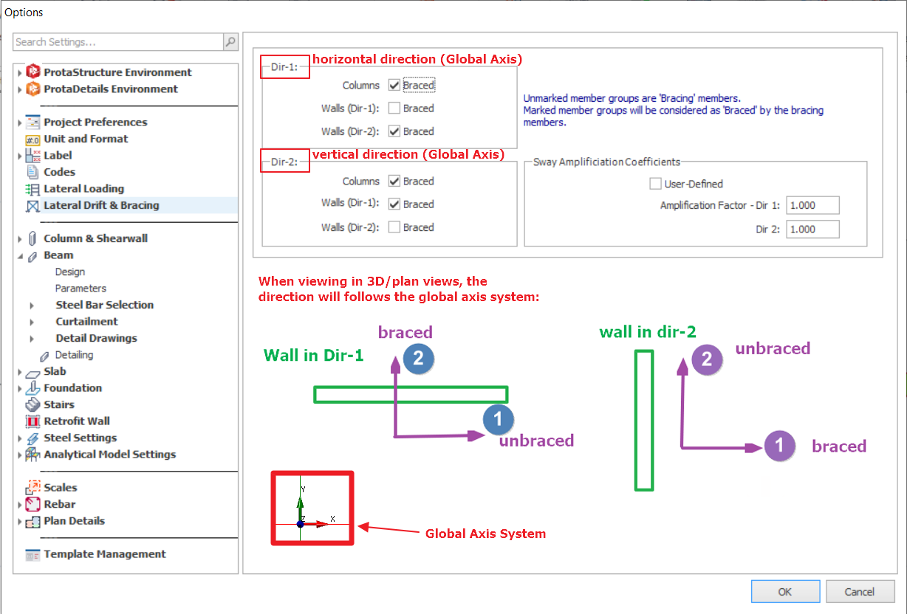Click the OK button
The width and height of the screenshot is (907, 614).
pyautogui.click(x=785, y=591)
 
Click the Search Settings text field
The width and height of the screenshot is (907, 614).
pyautogui.click(x=118, y=41)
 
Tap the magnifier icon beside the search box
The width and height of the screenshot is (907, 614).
pyautogui.click(x=230, y=41)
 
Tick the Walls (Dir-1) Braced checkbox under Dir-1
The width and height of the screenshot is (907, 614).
pyautogui.click(x=394, y=108)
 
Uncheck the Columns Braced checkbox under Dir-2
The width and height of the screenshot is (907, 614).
pyautogui.click(x=394, y=181)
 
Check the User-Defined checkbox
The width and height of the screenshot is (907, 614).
pyautogui.click(x=655, y=184)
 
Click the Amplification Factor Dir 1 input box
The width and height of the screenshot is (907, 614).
pyautogui.click(x=812, y=205)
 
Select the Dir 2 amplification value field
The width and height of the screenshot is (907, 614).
pyautogui.click(x=812, y=229)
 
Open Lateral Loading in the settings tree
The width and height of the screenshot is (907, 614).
pyautogui.click(x=83, y=188)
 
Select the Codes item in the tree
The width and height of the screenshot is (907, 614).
pyautogui.click(x=60, y=172)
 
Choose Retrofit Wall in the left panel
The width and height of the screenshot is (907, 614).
pyautogui.click(x=77, y=421)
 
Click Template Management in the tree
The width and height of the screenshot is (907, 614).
pyautogui.click(x=104, y=553)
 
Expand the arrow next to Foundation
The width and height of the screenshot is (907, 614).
pyautogui.click(x=19, y=388)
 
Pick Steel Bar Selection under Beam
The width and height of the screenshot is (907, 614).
pyautogui.click(x=104, y=305)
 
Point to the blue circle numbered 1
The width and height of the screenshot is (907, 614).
pyautogui.click(x=498, y=419)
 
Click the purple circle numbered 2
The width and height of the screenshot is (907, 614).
pyautogui.click(x=707, y=359)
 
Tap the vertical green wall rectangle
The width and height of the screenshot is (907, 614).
pyautogui.click(x=644, y=421)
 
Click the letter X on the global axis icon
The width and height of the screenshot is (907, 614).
pyautogui.click(x=332, y=519)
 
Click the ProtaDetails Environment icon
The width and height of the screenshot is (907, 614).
pyautogui.click(x=32, y=89)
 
